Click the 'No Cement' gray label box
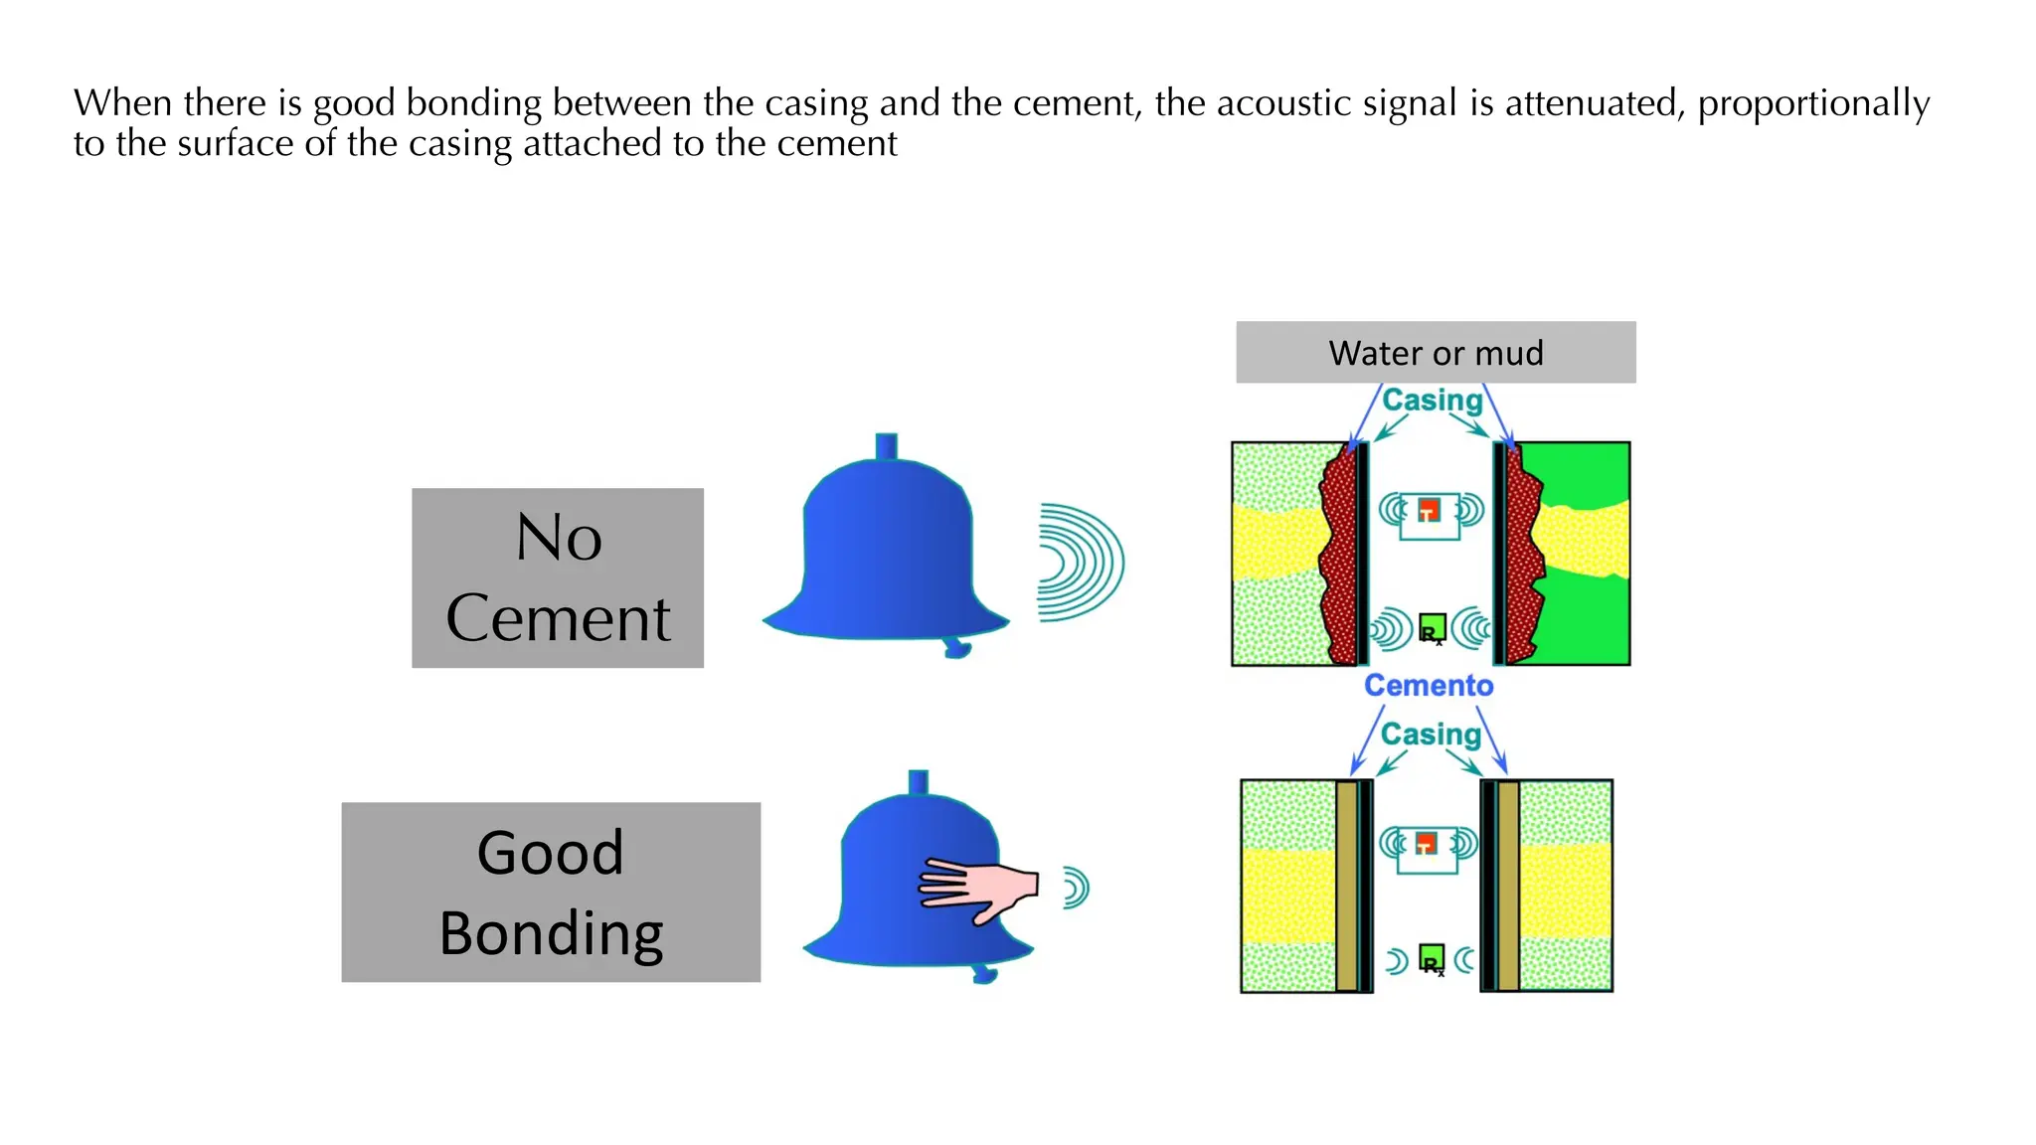pyautogui.click(x=558, y=577)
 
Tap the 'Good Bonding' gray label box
pyautogui.click(x=551, y=892)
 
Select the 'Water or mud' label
pyautogui.click(x=1436, y=353)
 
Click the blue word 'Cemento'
pyautogui.click(x=1429, y=685)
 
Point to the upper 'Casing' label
pyautogui.click(x=1433, y=400)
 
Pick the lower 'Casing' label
pyautogui.click(x=1431, y=734)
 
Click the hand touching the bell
pyautogui.click(x=979, y=887)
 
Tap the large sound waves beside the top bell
pyautogui.click(x=1080, y=563)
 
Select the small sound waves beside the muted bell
pyautogui.click(x=1076, y=888)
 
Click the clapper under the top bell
pyautogui.click(x=956, y=648)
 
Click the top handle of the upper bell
pyautogui.click(x=886, y=445)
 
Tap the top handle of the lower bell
pyautogui.click(x=919, y=782)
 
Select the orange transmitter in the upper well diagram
pyautogui.click(x=1429, y=510)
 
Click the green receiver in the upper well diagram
pyautogui.click(x=1432, y=628)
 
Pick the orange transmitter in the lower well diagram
pyautogui.click(x=1427, y=844)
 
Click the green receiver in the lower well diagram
pyautogui.click(x=1431, y=958)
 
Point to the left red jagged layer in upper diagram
pyautogui.click(x=1340, y=557)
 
